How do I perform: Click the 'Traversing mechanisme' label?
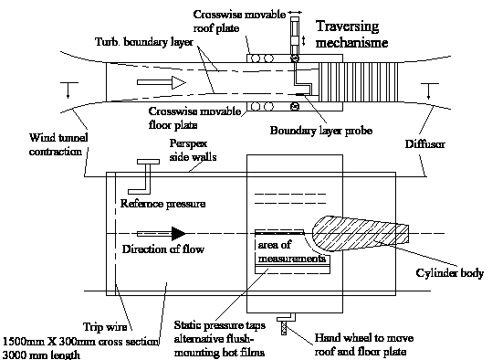tap(351, 34)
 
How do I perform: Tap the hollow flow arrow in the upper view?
tap(162, 82)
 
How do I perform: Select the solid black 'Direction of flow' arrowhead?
tap(179, 233)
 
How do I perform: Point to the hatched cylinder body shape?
tap(361, 234)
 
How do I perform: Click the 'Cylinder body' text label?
tap(450, 273)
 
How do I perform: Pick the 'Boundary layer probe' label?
tap(321, 131)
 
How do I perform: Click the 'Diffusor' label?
tap(424, 144)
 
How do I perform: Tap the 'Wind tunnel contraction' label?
tap(58, 144)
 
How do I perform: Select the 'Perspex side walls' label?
tap(193, 150)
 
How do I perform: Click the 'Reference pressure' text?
tap(162, 204)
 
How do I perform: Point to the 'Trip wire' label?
tap(105, 327)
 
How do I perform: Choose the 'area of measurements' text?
tap(291, 251)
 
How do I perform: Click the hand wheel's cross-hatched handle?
tap(284, 328)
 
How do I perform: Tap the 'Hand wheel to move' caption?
tap(364, 338)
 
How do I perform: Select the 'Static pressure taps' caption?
tap(220, 325)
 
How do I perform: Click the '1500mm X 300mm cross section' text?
tap(81, 342)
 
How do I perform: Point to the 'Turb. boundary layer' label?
tap(144, 42)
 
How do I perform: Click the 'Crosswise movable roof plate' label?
tap(239, 21)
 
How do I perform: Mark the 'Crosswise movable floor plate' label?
tap(194, 118)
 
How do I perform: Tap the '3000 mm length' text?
tap(41, 355)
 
